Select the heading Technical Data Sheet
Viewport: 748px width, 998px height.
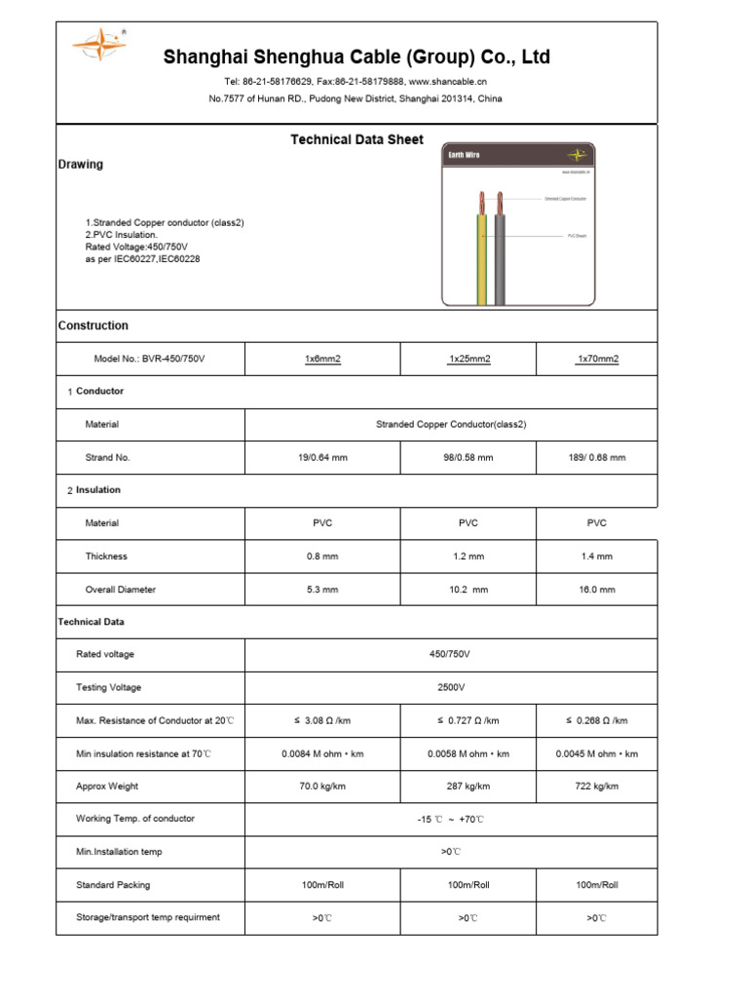[356, 139]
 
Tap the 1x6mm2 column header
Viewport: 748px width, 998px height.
[322, 359]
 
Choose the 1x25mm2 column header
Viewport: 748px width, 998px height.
[468, 359]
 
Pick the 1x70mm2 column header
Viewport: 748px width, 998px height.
[597, 359]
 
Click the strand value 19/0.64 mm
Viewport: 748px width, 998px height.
[322, 457]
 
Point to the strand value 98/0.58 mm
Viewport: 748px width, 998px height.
[468, 457]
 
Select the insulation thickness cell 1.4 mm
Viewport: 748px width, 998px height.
[597, 557]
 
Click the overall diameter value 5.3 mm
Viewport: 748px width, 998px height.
[322, 590]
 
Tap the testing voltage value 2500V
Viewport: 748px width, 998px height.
[451, 688]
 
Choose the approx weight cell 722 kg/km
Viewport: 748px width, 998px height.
[597, 787]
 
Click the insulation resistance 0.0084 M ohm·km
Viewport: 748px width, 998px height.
[322, 753]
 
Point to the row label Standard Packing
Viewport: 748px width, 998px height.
[113, 885]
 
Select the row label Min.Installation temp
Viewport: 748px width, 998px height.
[119, 852]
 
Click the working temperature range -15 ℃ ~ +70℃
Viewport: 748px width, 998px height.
[451, 820]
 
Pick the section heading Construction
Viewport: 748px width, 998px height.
[93, 326]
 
